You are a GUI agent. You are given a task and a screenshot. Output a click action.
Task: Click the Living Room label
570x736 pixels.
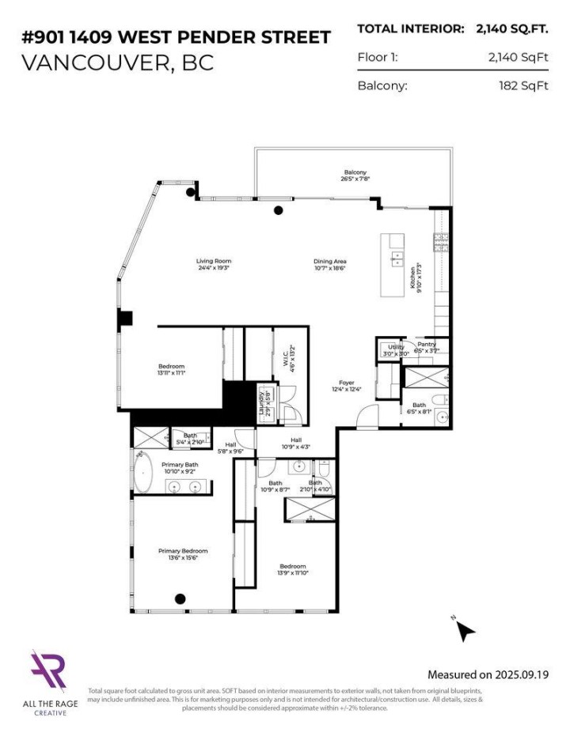point(214,262)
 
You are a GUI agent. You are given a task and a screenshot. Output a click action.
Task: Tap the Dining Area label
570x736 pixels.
point(329,262)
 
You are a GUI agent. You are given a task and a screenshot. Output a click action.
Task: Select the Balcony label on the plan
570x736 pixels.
point(355,172)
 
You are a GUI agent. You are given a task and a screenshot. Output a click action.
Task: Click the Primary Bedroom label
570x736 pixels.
point(183,551)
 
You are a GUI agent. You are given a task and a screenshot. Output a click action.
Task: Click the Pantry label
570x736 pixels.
point(427,345)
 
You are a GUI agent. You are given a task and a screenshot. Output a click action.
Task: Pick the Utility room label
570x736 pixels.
point(396,347)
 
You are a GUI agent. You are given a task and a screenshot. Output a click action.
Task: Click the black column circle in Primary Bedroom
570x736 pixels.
point(180,598)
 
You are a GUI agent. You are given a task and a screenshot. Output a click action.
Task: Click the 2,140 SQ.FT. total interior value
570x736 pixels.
point(511,28)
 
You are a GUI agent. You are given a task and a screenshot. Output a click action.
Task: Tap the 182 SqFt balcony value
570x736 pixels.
point(519,85)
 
